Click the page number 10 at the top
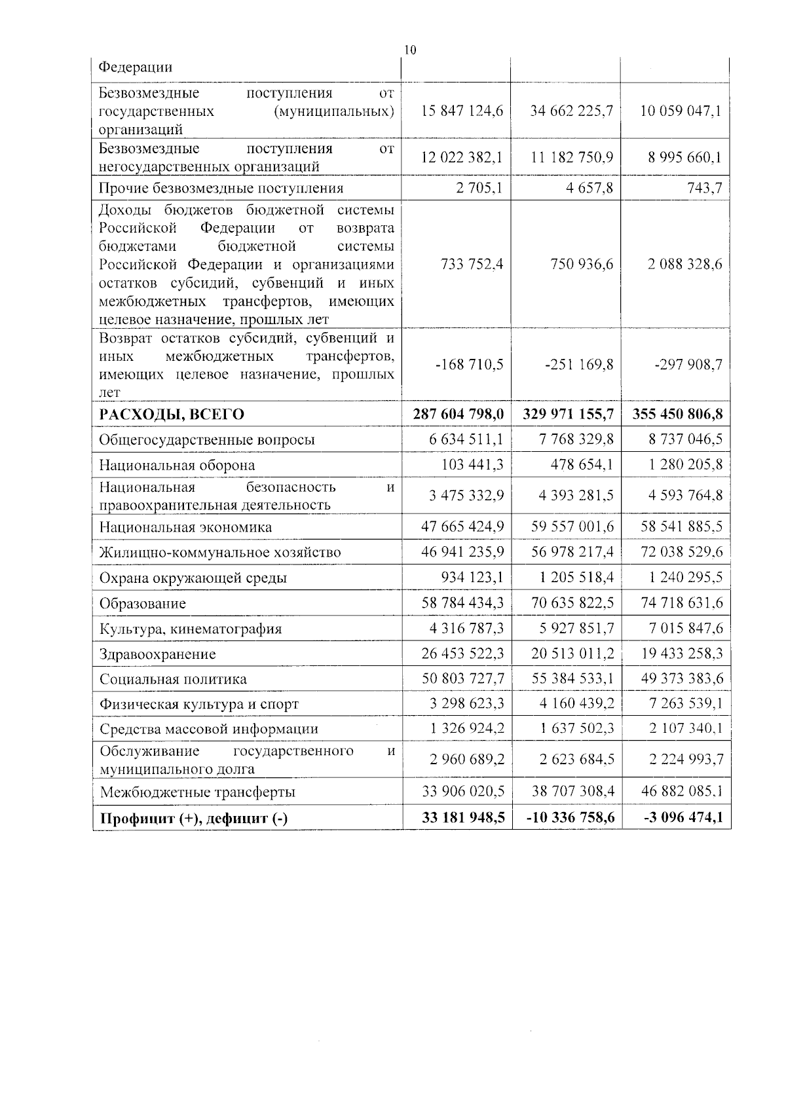[410, 50]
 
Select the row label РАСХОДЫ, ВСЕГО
[172, 415]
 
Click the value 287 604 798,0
[458, 415]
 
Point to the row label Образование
[143, 604]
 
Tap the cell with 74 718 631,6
[681, 602]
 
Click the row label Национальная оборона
[177, 466]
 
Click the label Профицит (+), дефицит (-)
[193, 819]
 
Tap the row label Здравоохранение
[157, 654]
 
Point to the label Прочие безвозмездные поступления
[221, 189]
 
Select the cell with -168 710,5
[469, 365]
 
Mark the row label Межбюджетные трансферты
[197, 792]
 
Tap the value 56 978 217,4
[572, 552]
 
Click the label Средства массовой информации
[209, 729]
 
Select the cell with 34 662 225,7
[571, 111]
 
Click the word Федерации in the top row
[136, 67]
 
